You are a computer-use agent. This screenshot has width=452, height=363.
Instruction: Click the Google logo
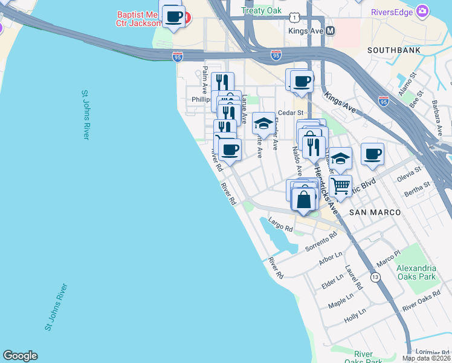click(x=20, y=356)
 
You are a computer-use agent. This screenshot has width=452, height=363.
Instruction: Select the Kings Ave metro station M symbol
click(x=330, y=30)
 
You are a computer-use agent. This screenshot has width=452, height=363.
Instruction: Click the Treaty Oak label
click(x=261, y=11)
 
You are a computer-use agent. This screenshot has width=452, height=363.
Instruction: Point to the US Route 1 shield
click(x=294, y=19)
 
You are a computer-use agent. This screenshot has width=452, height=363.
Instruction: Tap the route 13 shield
click(x=376, y=277)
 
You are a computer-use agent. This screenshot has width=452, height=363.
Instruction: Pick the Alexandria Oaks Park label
click(x=416, y=272)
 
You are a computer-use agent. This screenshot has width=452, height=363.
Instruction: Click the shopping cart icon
click(x=341, y=185)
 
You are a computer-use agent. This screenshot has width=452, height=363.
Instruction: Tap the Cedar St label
click(x=289, y=113)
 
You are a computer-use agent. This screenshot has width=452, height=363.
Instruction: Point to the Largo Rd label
click(x=280, y=225)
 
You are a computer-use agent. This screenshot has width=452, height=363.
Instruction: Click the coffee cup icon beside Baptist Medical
click(x=173, y=16)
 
